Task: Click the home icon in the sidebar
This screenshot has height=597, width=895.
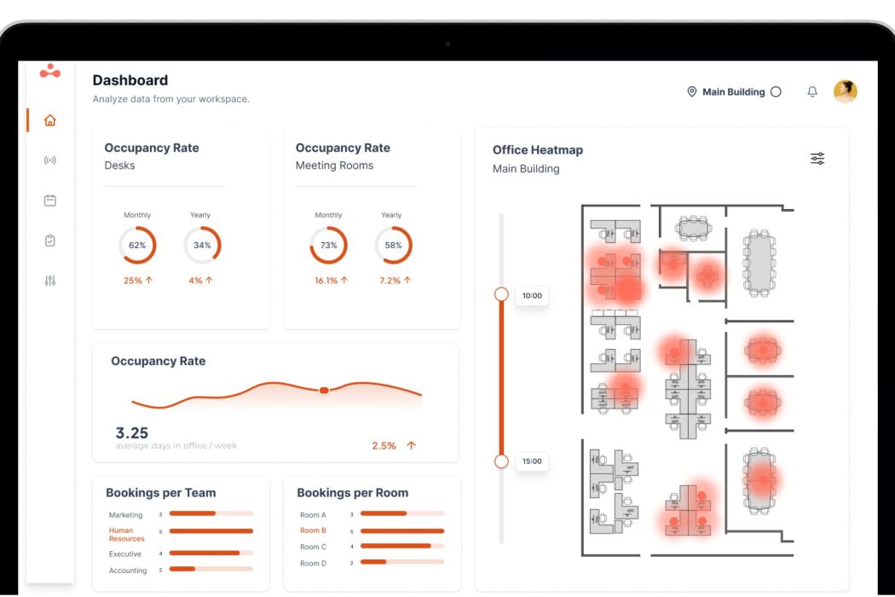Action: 49,120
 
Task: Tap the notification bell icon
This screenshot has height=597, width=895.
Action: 811,92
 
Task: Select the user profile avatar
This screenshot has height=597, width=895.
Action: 845,91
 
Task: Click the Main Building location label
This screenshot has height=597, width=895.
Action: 733,92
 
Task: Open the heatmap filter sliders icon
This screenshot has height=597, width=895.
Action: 817,159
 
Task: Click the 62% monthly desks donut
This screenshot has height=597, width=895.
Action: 137,246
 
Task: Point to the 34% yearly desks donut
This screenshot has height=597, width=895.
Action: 202,246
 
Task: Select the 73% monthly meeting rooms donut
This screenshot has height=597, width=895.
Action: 328,246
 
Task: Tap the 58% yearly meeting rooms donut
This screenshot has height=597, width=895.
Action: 393,246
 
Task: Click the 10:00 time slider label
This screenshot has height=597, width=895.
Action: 532,296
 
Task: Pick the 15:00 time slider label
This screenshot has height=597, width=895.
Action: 532,461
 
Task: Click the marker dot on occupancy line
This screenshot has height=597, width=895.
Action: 324,390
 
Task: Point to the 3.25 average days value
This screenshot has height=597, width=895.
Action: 132,433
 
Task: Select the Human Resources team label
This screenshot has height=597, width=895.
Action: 126,535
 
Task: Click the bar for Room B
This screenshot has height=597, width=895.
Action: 402,530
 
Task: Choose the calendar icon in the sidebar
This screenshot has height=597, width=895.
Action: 49,200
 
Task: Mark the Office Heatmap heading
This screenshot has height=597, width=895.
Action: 538,150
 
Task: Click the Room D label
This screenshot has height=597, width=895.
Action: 313,564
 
